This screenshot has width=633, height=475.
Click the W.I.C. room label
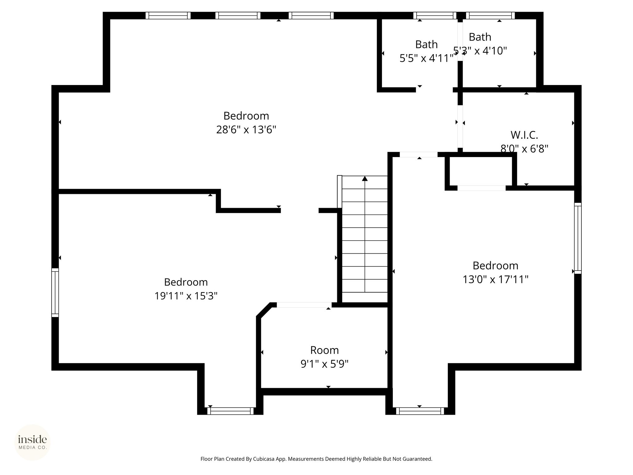click(524, 135)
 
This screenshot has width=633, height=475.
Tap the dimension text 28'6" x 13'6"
click(246, 130)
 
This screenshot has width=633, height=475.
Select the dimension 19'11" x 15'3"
click(186, 296)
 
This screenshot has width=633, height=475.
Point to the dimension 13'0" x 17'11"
click(495, 280)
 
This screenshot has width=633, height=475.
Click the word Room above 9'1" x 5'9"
click(325, 350)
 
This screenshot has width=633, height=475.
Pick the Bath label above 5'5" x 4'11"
click(426, 45)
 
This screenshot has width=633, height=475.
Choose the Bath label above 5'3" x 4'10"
click(480, 37)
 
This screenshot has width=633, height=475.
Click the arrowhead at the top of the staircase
click(365, 178)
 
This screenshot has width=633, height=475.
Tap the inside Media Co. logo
click(32, 442)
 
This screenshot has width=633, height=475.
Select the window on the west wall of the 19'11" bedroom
click(55, 293)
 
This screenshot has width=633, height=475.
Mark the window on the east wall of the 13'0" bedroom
click(578, 238)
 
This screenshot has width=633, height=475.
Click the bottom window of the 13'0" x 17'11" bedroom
click(420, 411)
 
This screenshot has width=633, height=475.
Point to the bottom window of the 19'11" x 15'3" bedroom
click(230, 411)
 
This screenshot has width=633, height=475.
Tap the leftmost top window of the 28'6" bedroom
click(168, 15)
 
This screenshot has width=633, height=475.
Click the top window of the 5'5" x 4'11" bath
click(435, 15)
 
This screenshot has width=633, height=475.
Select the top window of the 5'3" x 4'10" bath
click(491, 15)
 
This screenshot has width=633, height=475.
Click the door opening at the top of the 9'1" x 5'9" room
click(304, 305)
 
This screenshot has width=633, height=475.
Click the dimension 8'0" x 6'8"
click(524, 149)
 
